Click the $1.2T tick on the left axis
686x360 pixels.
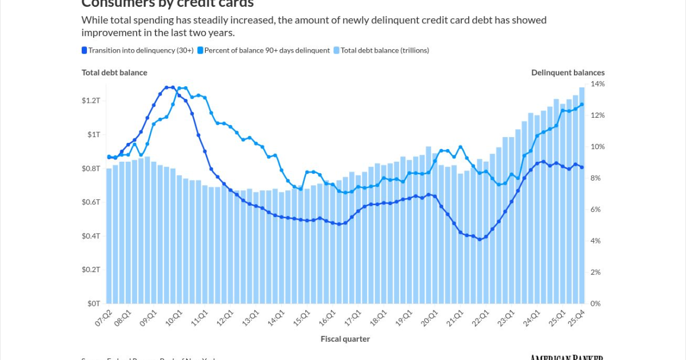(x=91, y=101)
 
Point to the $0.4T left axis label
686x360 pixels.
(x=91, y=236)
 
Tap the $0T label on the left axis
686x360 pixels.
(x=94, y=303)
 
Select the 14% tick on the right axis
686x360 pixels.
(x=597, y=84)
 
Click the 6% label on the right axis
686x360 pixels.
(x=596, y=210)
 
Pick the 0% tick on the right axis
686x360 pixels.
(x=596, y=303)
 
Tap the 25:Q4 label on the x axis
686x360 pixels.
(x=576, y=318)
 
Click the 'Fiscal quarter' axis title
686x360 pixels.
(x=345, y=339)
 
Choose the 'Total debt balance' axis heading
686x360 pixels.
(x=114, y=73)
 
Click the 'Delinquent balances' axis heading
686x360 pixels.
(x=568, y=73)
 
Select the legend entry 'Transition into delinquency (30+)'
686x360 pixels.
(x=141, y=50)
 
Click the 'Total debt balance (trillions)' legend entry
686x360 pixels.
(x=385, y=50)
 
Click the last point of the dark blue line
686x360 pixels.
(x=582, y=167)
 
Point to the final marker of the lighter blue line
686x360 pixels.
(x=582, y=105)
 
